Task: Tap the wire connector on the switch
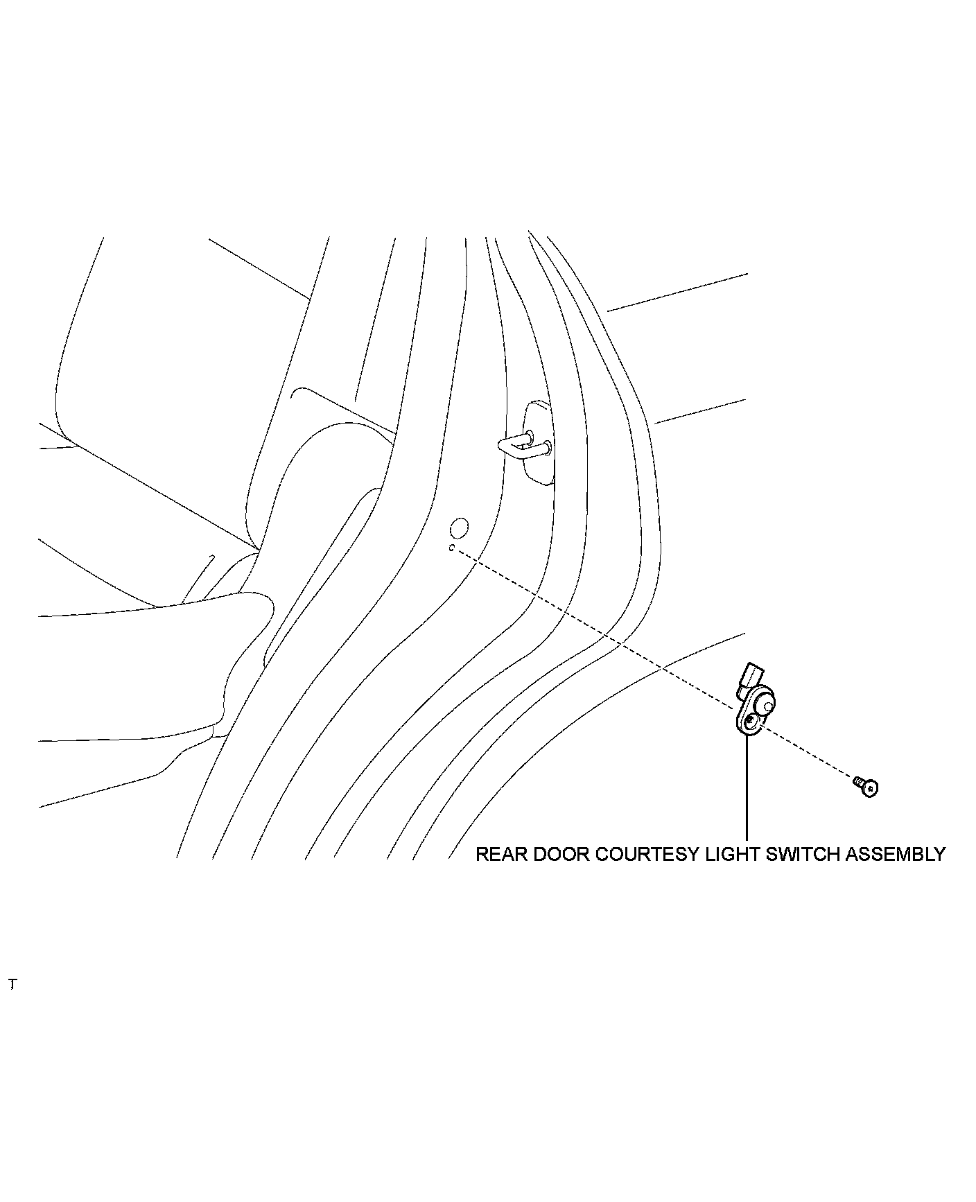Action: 751,676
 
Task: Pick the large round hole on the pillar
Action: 460,529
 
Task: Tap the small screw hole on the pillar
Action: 451,548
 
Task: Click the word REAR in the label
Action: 497,854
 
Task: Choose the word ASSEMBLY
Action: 895,854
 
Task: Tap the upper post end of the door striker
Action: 530,436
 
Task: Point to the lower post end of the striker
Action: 548,446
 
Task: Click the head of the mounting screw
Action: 871,788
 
